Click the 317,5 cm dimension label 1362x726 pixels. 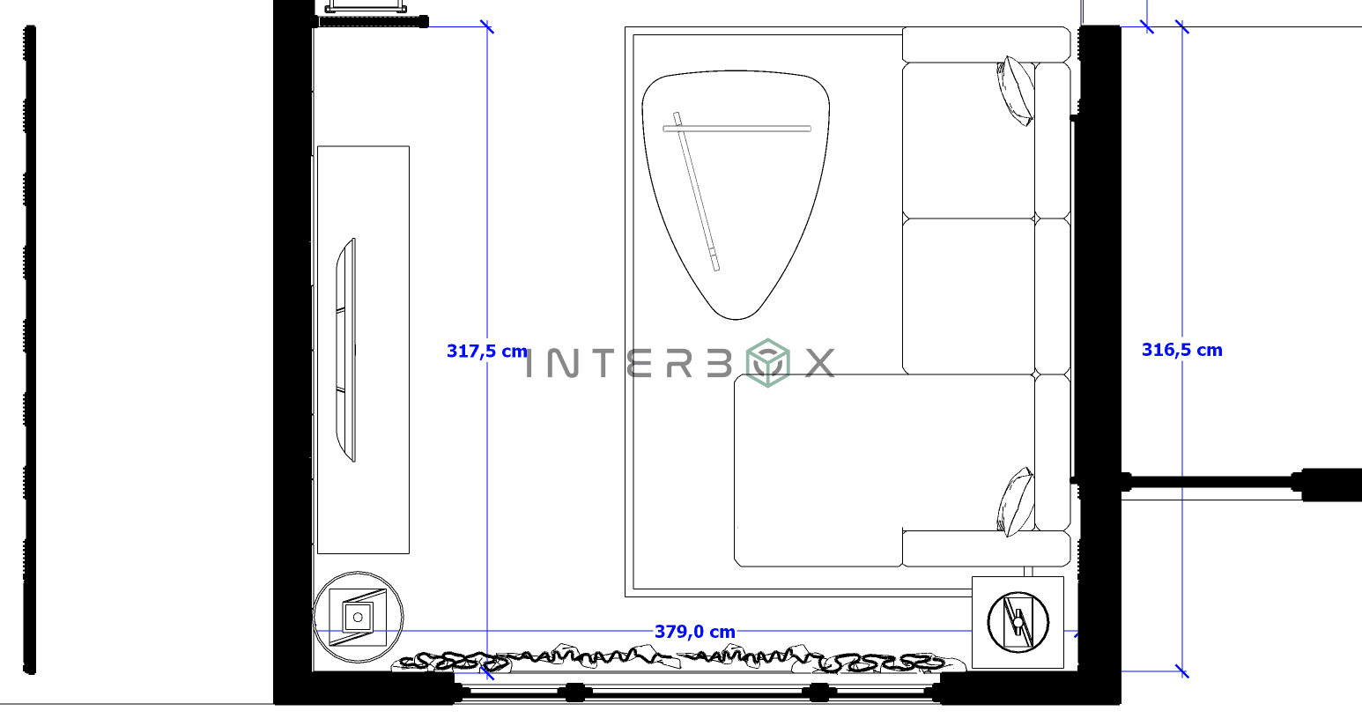coord(486,351)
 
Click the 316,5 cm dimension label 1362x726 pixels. coord(1181,350)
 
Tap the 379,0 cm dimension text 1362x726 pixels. coord(694,632)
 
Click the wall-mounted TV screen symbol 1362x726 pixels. coord(347,349)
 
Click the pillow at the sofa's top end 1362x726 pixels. coord(1016,90)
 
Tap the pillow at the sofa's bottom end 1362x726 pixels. coord(1016,502)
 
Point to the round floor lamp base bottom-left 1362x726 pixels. coord(359,618)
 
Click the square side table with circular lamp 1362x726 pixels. coord(1018,622)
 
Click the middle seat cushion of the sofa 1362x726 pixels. coord(967,296)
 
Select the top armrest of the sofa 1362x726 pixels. coord(986,44)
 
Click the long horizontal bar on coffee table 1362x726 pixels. coord(737,129)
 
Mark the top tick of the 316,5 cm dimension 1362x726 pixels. coord(1181,26)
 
